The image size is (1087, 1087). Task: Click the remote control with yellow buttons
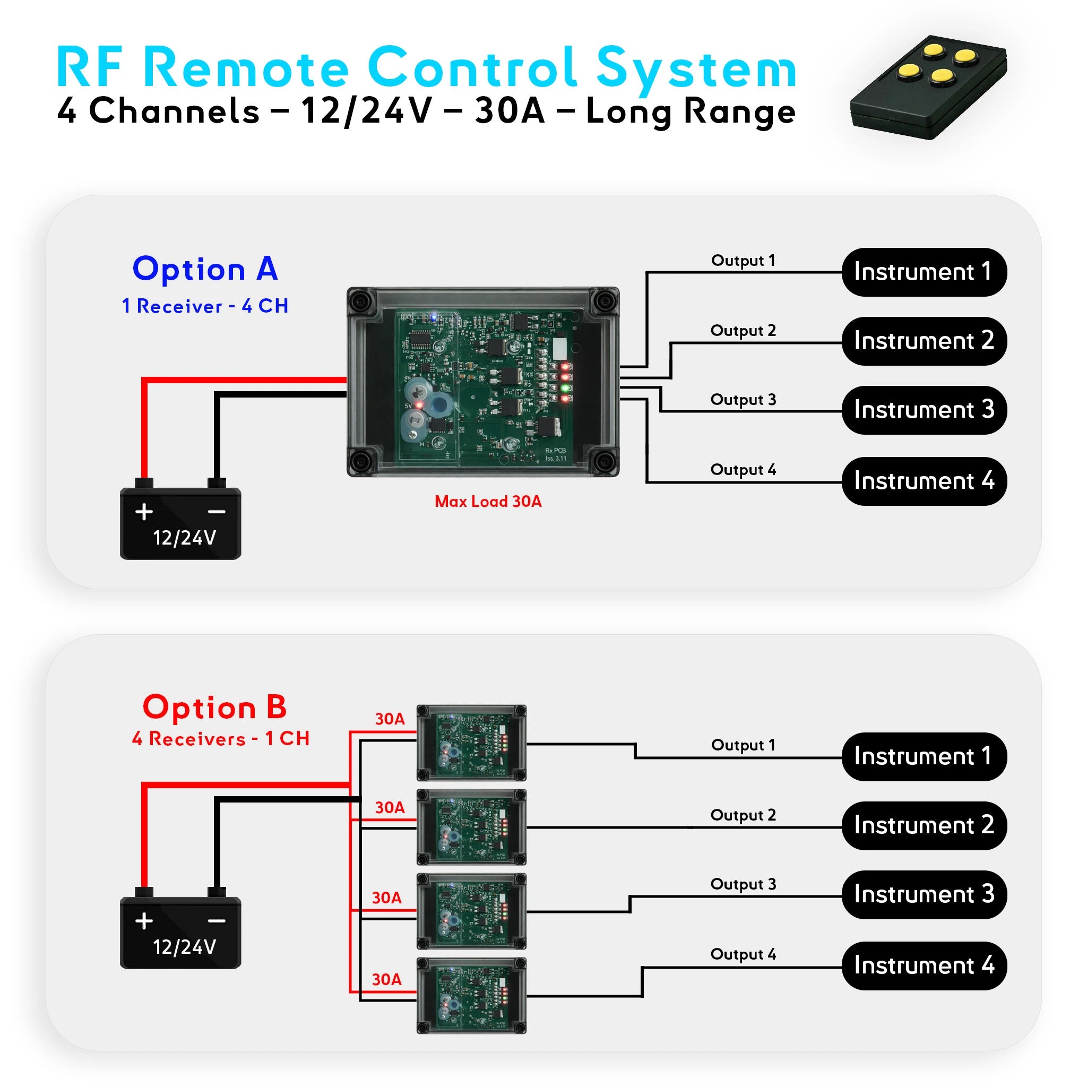coord(928,87)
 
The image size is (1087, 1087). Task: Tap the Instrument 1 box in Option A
coord(924,272)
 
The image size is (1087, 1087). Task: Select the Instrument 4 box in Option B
coord(924,965)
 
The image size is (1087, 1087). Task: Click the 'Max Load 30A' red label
coord(488,501)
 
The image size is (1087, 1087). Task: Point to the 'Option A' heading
coord(205,269)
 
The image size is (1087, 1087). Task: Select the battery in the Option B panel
coord(180,931)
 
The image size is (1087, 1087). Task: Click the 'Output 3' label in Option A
coord(743,400)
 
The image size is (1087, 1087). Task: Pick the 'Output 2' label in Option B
coord(743,815)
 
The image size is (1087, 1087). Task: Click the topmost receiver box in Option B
coord(471,743)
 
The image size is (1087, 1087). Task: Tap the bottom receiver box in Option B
coord(471,996)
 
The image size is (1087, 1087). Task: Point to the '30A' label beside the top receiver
coord(390,719)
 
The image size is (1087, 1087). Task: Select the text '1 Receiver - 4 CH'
coord(205,306)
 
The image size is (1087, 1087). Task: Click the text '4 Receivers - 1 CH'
coord(221,739)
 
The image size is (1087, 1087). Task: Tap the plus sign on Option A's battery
coord(144,512)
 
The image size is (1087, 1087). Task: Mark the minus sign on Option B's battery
coord(217,921)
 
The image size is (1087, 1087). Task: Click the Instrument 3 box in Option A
coord(924,410)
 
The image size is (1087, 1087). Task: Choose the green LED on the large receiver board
coord(565,388)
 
